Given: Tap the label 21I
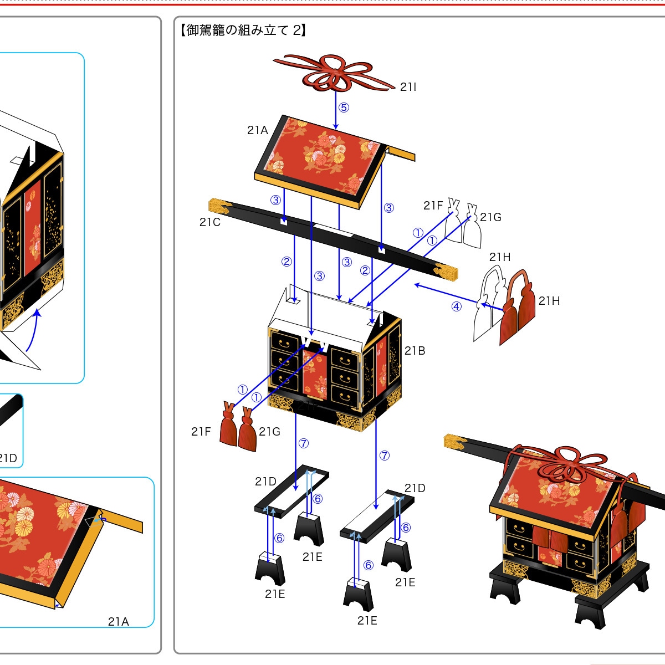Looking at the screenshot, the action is (x=408, y=87).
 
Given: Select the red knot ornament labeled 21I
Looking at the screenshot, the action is (x=334, y=73).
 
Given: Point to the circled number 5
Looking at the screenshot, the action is (x=344, y=108).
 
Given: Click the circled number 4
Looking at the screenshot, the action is (x=457, y=306).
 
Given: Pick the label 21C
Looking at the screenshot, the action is (x=210, y=222).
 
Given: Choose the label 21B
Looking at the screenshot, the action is (x=415, y=351).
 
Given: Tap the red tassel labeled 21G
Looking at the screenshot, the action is (x=247, y=429).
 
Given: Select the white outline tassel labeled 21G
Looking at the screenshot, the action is (x=472, y=227).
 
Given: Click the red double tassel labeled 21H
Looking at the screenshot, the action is (x=518, y=307).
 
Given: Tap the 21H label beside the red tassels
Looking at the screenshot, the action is (x=549, y=301).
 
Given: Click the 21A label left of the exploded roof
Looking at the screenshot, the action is (x=258, y=130).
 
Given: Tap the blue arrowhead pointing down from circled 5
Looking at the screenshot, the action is (x=335, y=127).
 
